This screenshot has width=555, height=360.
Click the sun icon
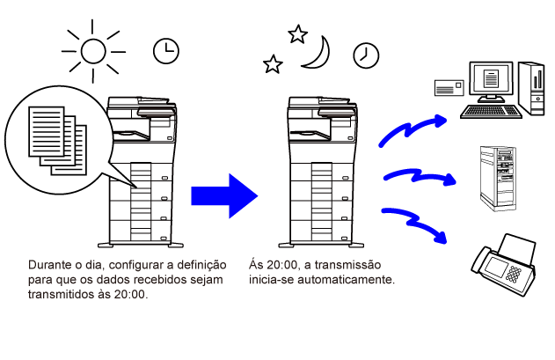pyautogui.click(x=93, y=51)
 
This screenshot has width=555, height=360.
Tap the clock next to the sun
pyautogui.click(x=166, y=51)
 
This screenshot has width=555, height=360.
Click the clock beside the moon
pyautogui.click(x=366, y=55)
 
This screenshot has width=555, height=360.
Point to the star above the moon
pyautogui.click(x=297, y=34)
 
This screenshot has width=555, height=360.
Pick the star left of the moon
pyautogui.click(x=273, y=64)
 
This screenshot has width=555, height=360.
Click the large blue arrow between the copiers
pyautogui.click(x=224, y=196)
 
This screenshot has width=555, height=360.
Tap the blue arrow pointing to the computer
pyautogui.click(x=411, y=129)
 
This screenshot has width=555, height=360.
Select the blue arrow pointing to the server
pyautogui.click(x=420, y=176)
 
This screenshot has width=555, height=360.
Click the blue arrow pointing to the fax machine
pyautogui.click(x=414, y=222)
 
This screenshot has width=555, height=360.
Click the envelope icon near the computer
pyautogui.click(x=449, y=88)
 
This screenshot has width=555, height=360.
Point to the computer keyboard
pyautogui.click(x=492, y=111)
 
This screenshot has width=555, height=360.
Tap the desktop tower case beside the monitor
pyautogui.click(x=531, y=88)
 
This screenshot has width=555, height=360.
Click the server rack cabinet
pyautogui.click(x=498, y=179)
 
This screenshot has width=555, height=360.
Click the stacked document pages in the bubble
pyautogui.click(x=58, y=141)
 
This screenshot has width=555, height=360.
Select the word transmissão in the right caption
pyautogui.click(x=347, y=265)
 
